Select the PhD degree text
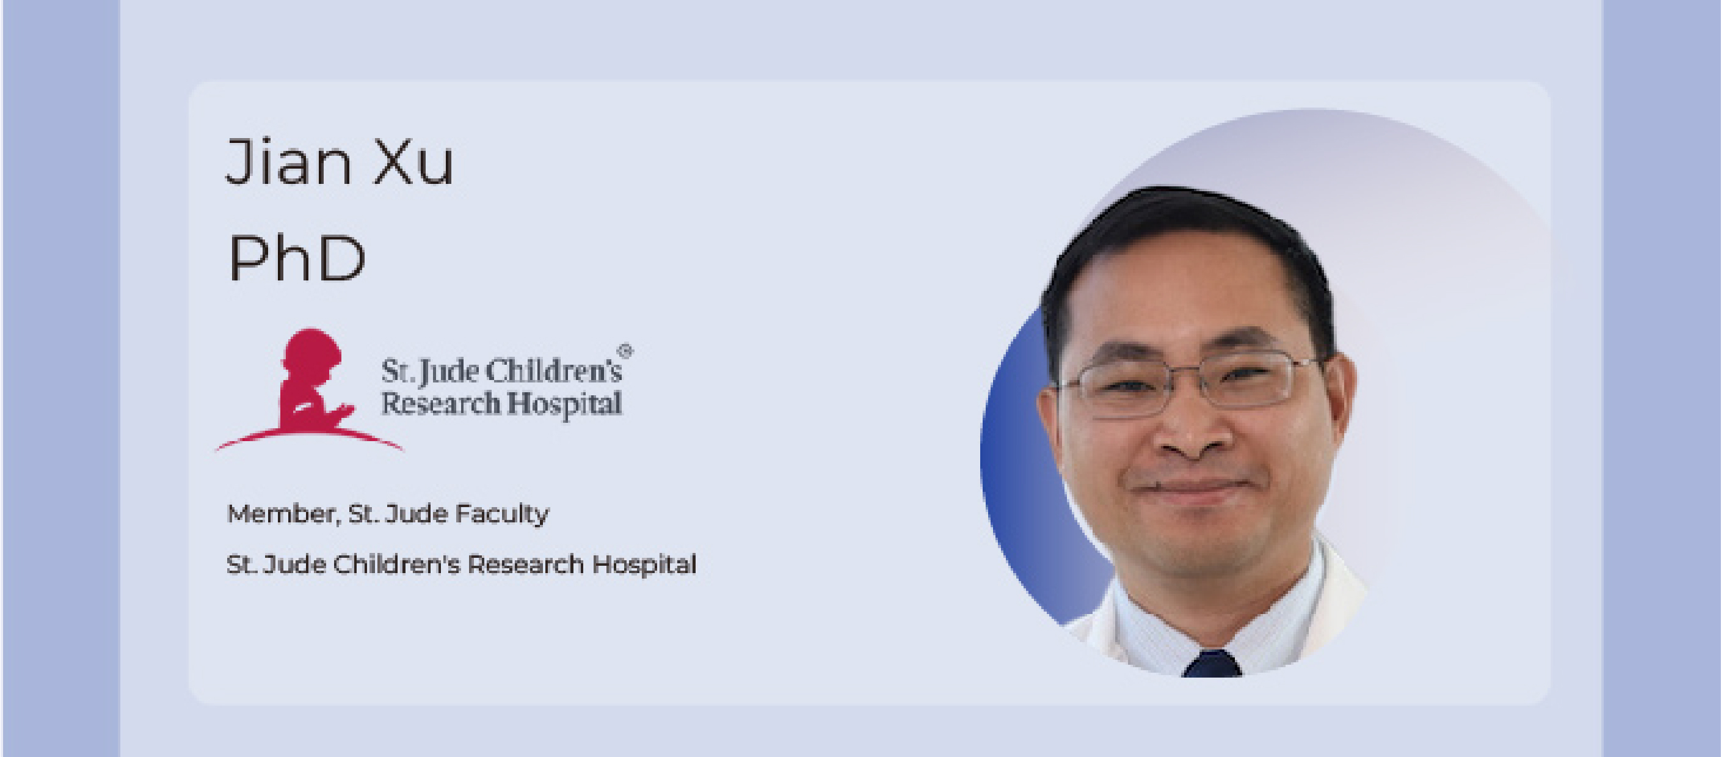tap(297, 258)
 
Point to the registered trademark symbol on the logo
tap(625, 350)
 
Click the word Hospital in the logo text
tap(564, 404)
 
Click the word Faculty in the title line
tap(502, 514)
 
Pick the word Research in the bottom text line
tap(525, 565)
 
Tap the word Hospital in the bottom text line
tap(644, 565)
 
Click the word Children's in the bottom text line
tap(397, 565)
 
